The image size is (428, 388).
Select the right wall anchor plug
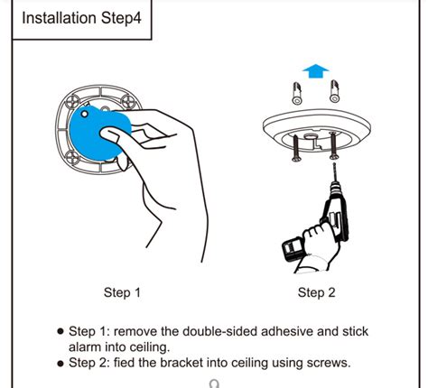click(x=336, y=91)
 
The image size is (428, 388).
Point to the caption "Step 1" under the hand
click(x=123, y=292)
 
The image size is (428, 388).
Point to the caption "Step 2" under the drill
click(x=317, y=292)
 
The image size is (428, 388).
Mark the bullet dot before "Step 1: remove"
click(x=60, y=331)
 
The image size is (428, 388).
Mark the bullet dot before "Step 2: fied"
click(x=60, y=364)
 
